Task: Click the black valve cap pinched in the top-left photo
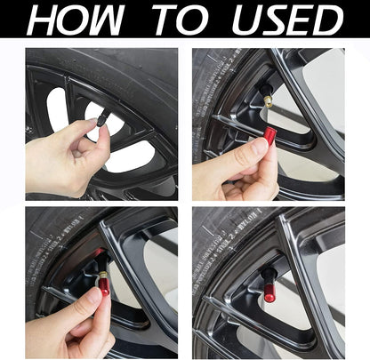[103, 129]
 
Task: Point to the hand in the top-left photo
[67, 160]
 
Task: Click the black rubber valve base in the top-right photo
[264, 91]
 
